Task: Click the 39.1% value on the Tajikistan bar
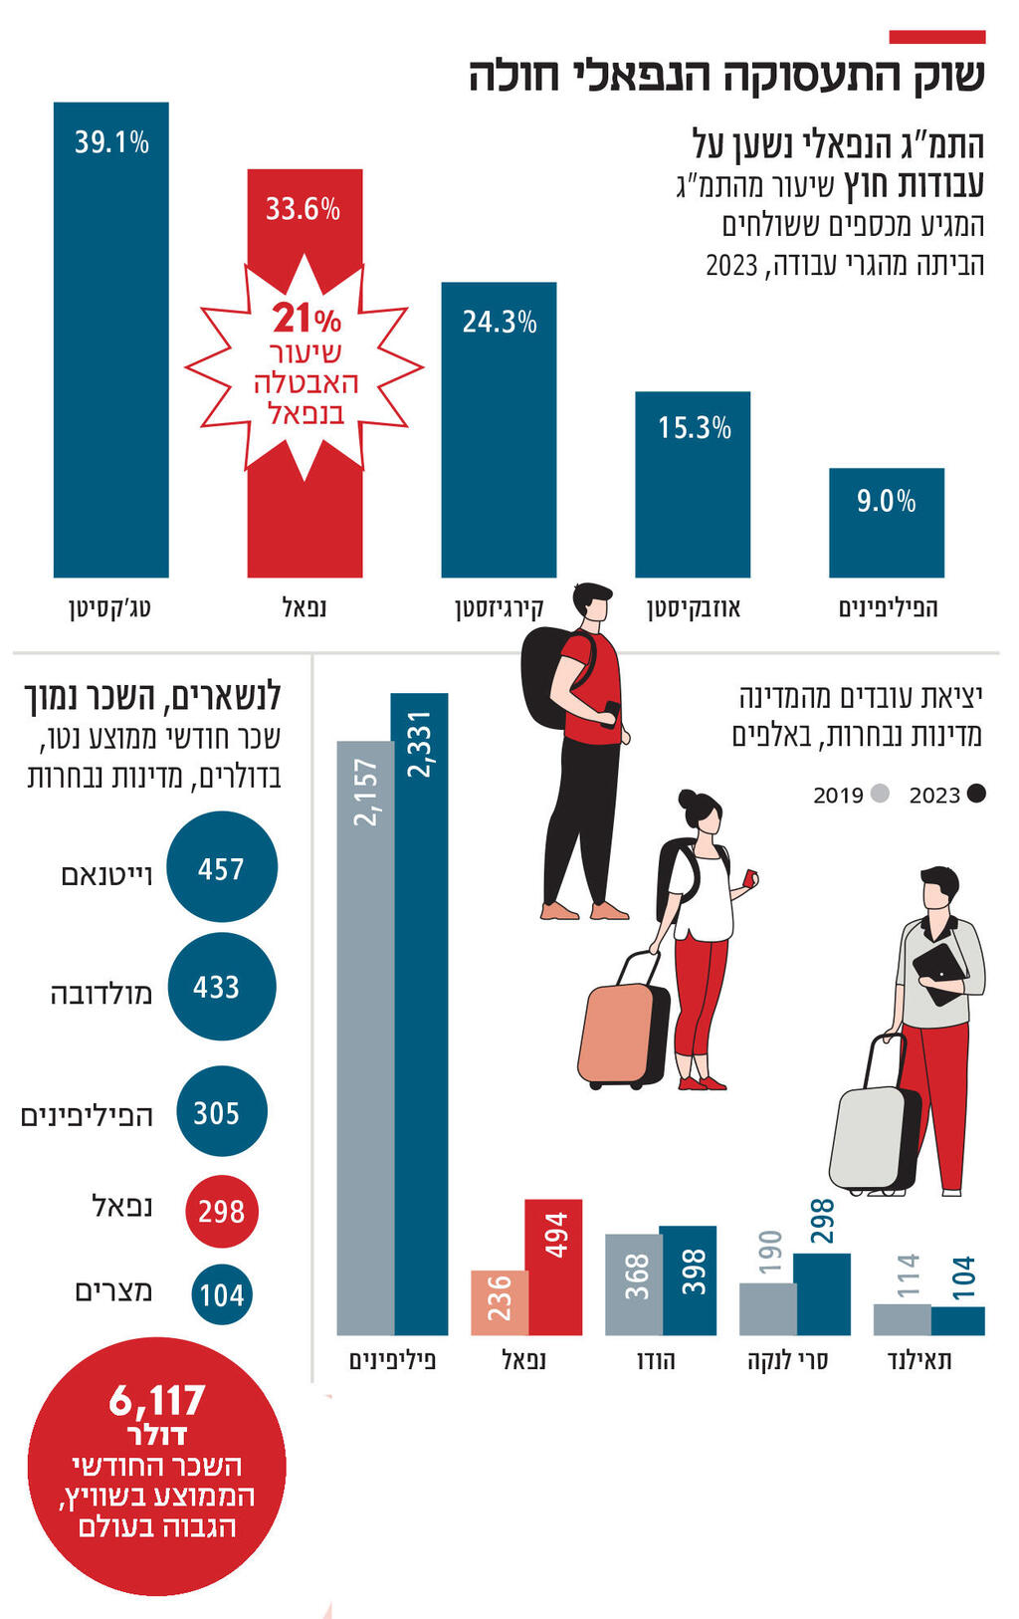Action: (111, 142)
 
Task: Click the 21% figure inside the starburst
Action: (306, 319)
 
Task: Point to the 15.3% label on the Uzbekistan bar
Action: (694, 428)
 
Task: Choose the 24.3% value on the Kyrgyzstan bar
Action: (499, 322)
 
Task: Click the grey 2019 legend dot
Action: (880, 794)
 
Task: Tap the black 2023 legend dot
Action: (975, 794)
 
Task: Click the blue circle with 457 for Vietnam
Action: (221, 867)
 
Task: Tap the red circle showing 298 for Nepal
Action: (221, 1211)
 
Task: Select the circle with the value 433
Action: (220, 987)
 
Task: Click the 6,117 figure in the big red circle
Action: (157, 1401)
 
